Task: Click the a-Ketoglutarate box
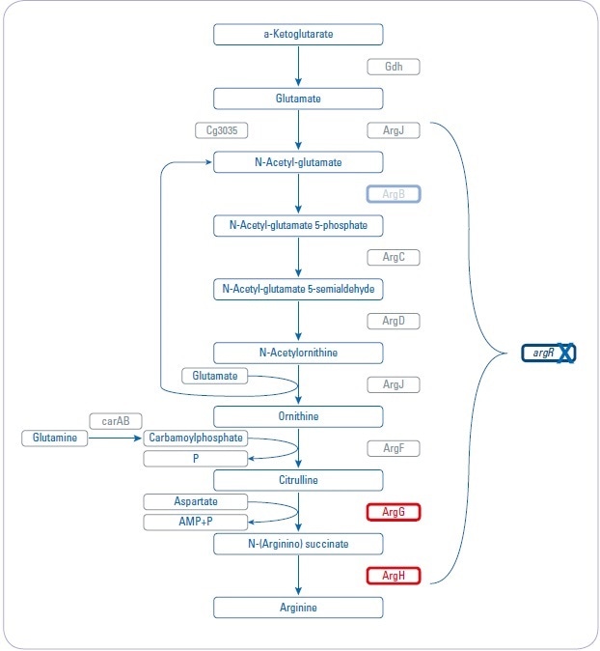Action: point(298,35)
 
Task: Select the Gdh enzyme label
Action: point(394,67)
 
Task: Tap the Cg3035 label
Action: point(221,129)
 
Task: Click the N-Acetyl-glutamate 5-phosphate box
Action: point(298,225)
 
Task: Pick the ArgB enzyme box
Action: point(394,193)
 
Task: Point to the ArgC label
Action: point(394,257)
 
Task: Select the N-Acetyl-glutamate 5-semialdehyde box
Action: point(298,289)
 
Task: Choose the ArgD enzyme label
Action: point(394,321)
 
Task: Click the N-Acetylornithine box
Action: point(298,353)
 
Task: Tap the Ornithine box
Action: point(298,416)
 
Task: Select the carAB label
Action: point(116,420)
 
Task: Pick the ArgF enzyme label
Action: point(394,448)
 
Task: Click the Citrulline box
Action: point(298,480)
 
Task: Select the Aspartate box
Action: point(196,502)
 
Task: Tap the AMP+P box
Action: point(196,523)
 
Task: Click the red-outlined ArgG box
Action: point(394,512)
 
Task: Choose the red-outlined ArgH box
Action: point(394,576)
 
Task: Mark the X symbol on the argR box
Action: point(564,354)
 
